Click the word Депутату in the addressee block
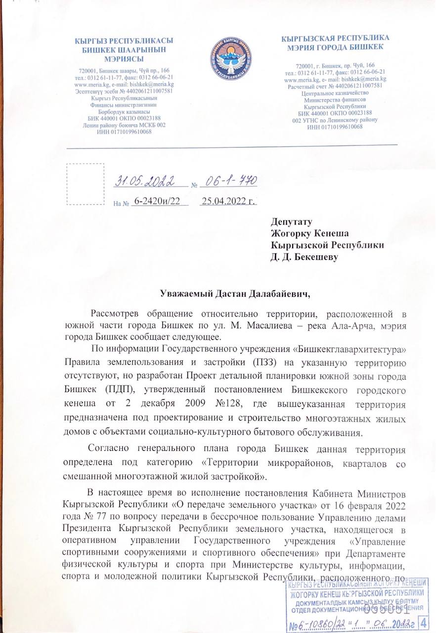click(291, 222)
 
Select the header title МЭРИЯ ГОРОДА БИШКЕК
click(335, 47)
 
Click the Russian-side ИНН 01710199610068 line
click(335, 127)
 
